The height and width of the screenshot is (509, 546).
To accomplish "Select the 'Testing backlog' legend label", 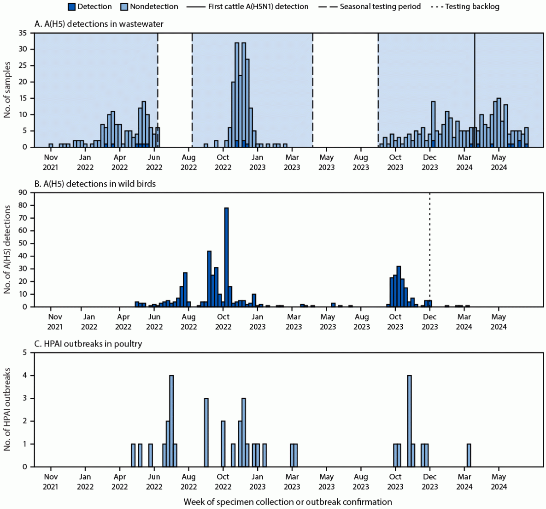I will tap(472, 7).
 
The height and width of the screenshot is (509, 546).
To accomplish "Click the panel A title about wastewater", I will tap(99, 24).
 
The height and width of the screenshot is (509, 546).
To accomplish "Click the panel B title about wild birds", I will tap(95, 184).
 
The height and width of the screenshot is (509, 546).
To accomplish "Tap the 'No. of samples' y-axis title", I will tap(7, 90).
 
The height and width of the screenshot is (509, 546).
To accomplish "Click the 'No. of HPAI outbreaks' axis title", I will tap(7, 409).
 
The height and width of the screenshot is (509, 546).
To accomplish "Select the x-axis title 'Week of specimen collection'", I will tap(288, 502).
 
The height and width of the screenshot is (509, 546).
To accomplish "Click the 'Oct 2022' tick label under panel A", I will tap(223, 162).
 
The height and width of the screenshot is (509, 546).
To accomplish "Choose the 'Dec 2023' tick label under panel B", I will tap(430, 322).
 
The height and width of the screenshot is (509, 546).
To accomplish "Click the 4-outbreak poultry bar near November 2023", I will tap(409, 421).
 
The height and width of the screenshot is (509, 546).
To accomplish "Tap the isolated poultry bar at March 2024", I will tap(469, 455).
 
